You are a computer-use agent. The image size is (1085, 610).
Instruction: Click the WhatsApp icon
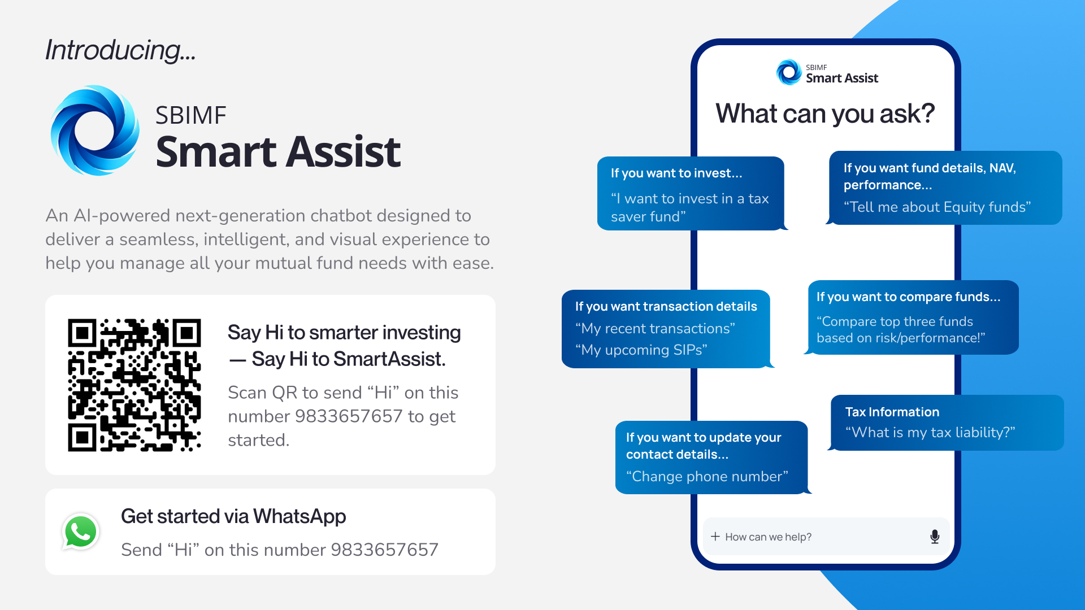pyautogui.click(x=81, y=531)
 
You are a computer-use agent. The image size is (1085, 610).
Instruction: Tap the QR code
pyautogui.click(x=134, y=385)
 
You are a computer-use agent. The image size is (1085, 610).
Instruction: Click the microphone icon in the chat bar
pyautogui.click(x=935, y=537)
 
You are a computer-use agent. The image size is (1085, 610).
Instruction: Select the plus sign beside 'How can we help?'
pyautogui.click(x=715, y=537)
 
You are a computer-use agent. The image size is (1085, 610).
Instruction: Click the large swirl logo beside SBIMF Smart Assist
pyautogui.click(x=95, y=130)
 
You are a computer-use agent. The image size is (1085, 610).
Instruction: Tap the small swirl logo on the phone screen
pyautogui.click(x=789, y=72)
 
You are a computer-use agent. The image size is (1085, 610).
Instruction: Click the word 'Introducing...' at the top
pyautogui.click(x=120, y=50)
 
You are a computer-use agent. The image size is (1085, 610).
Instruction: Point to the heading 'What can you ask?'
pyautogui.click(x=825, y=114)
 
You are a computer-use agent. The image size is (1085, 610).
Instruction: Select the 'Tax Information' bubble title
pyautogui.click(x=892, y=412)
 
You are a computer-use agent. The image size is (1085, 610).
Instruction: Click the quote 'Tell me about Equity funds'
pyautogui.click(x=937, y=207)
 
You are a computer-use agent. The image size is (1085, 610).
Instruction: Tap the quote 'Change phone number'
pyautogui.click(x=707, y=477)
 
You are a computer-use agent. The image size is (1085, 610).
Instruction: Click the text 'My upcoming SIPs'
pyautogui.click(x=641, y=350)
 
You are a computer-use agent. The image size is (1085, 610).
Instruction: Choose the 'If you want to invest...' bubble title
pyautogui.click(x=676, y=173)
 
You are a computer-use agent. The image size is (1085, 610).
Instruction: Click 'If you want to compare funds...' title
pyautogui.click(x=908, y=297)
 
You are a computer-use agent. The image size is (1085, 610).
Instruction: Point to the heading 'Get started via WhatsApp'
pyautogui.click(x=233, y=517)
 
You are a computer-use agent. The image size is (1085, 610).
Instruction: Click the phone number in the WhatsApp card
pyautogui.click(x=384, y=550)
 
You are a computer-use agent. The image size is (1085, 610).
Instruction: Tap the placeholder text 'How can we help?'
pyautogui.click(x=768, y=537)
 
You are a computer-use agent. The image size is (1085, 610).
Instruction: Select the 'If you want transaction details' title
pyautogui.click(x=666, y=307)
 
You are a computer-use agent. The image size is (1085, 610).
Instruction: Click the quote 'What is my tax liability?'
pyautogui.click(x=930, y=433)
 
